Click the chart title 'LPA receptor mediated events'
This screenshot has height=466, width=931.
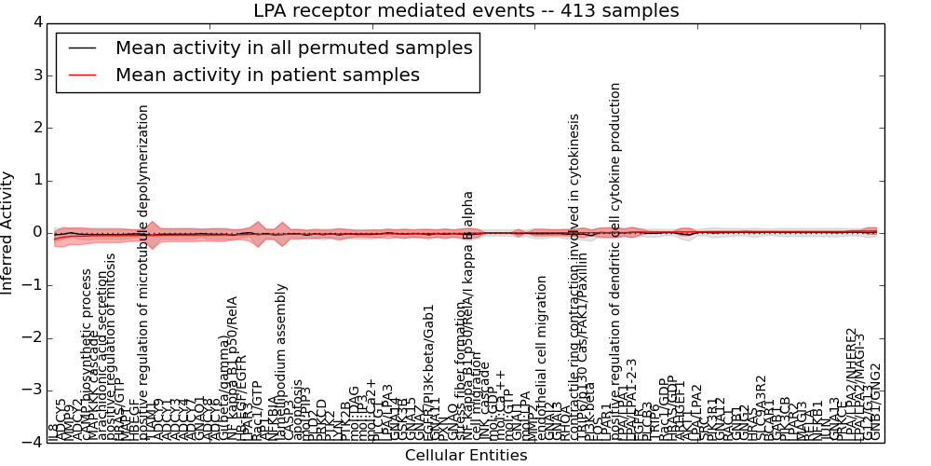click(x=465, y=11)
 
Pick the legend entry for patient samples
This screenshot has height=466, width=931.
click(x=267, y=75)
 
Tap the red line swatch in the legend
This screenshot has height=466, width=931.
click(x=81, y=75)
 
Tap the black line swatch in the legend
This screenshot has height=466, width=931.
click(x=81, y=48)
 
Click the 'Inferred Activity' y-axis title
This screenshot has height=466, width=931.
click(x=8, y=232)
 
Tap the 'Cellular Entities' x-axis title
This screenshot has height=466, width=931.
click(x=465, y=456)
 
